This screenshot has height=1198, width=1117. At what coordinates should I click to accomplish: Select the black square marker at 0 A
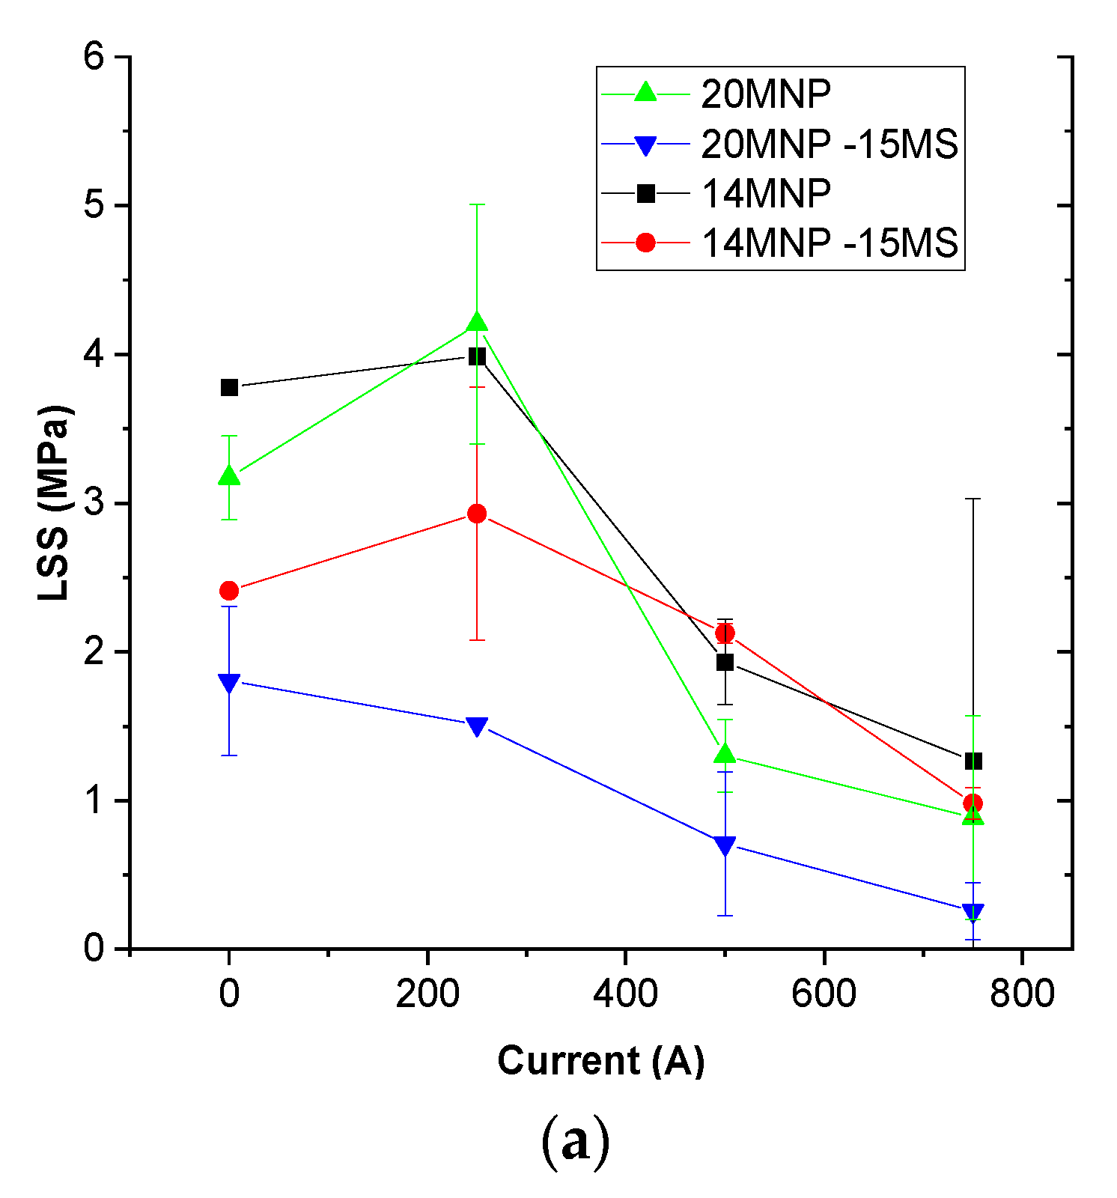click(x=229, y=388)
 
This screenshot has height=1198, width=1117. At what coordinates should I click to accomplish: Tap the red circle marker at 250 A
click(x=477, y=514)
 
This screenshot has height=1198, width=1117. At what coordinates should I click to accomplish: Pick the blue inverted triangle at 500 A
click(x=725, y=845)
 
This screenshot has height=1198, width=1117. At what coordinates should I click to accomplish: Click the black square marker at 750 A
click(x=973, y=761)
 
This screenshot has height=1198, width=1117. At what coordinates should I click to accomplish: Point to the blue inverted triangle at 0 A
click(x=229, y=683)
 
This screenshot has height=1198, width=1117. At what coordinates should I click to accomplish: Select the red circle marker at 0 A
click(x=229, y=591)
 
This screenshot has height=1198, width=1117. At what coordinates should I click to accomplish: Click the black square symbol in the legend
click(x=645, y=194)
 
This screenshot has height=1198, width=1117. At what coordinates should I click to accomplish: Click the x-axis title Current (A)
click(x=601, y=1061)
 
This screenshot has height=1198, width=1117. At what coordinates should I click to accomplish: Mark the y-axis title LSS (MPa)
click(x=55, y=503)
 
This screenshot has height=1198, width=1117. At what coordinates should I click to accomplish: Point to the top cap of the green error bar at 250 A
click(x=477, y=204)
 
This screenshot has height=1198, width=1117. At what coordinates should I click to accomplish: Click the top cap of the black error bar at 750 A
click(x=973, y=499)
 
